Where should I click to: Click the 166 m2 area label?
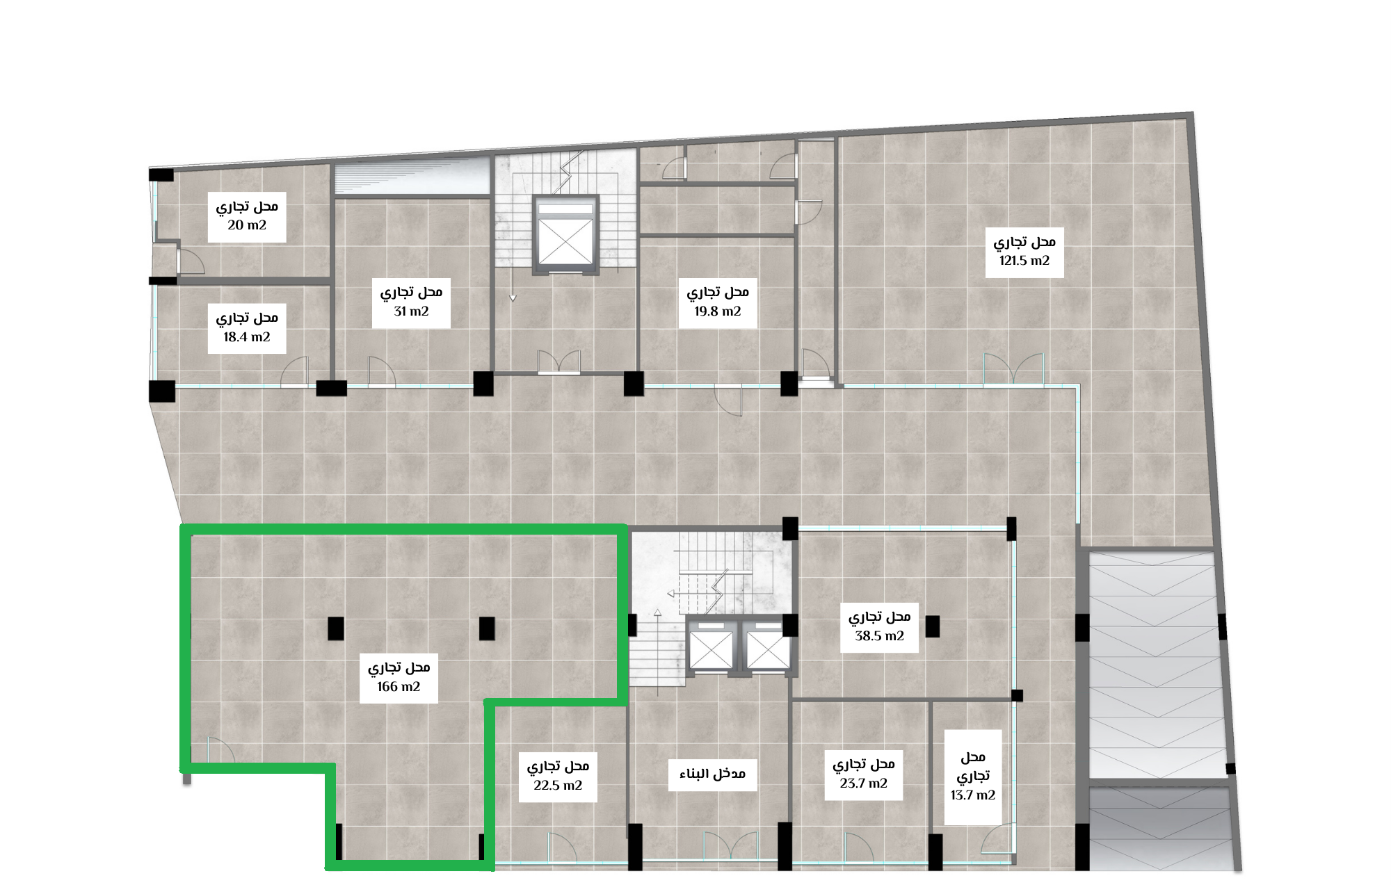(x=399, y=678)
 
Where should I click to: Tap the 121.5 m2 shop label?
(x=1024, y=252)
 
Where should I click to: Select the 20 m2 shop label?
(x=247, y=217)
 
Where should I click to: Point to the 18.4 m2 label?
(x=247, y=328)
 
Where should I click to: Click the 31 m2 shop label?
(x=411, y=302)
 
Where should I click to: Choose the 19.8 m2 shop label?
(x=718, y=302)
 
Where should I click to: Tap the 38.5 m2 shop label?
(x=879, y=627)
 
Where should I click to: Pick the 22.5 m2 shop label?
(x=558, y=777)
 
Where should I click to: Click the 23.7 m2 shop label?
(x=864, y=774)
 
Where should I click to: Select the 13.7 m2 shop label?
(x=973, y=777)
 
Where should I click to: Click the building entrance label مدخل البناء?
(x=712, y=774)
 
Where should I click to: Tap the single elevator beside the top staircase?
(x=565, y=234)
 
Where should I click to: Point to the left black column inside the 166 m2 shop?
(x=336, y=628)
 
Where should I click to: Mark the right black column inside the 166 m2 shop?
(x=487, y=628)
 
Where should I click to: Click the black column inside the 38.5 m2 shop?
(x=933, y=626)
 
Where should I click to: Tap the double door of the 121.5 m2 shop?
(x=1013, y=368)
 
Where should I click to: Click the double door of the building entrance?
(x=730, y=847)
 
